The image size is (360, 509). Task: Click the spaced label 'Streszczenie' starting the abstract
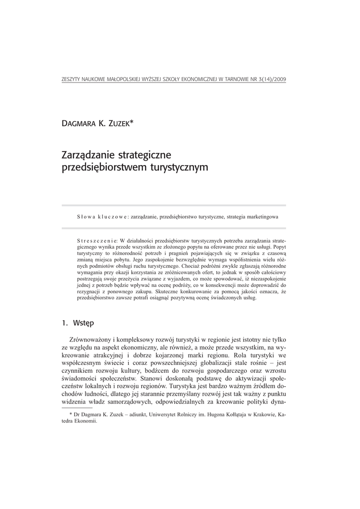(x=97, y=240)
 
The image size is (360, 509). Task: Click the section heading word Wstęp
(x=83, y=323)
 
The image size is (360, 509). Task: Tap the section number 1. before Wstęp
(x=64, y=323)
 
